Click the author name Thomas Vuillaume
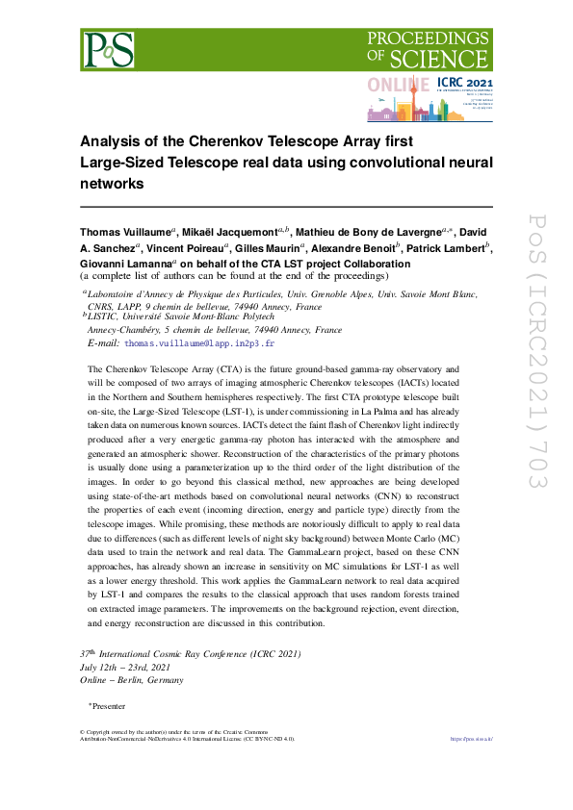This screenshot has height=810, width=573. (126, 233)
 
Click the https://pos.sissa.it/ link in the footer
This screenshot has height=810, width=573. (472, 739)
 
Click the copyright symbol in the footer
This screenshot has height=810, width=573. (82, 733)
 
